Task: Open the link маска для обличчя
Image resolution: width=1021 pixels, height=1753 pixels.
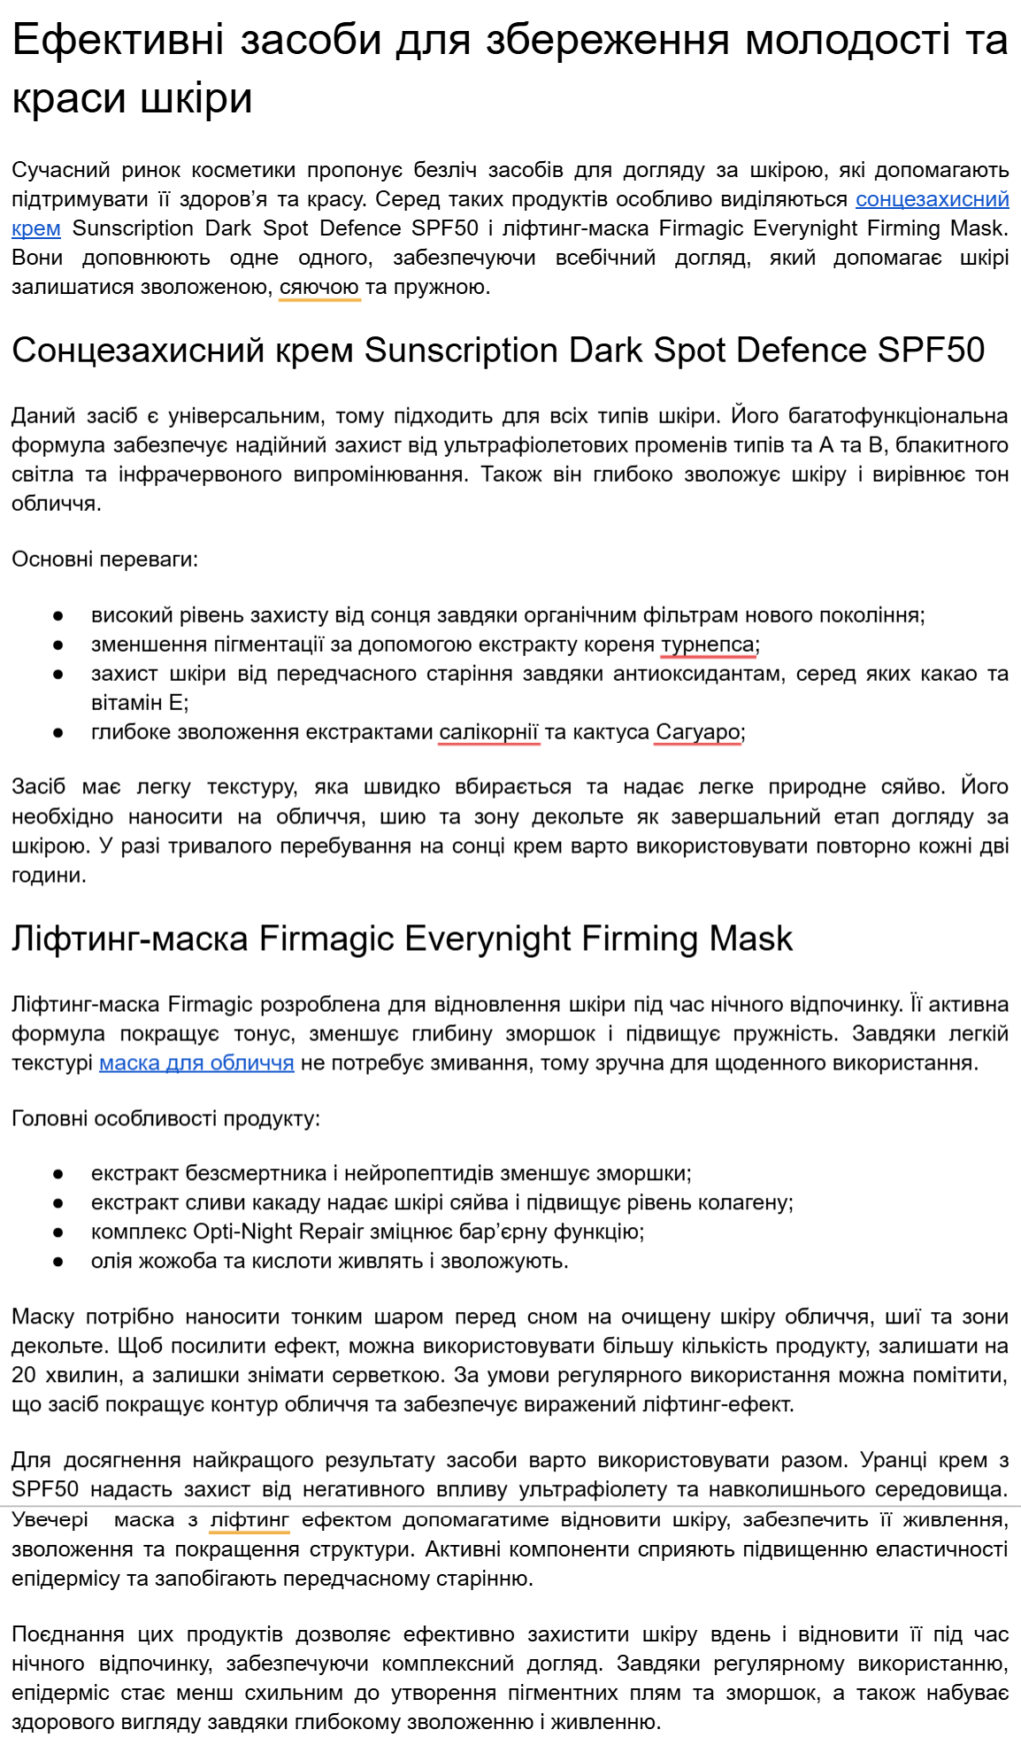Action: coord(196,1062)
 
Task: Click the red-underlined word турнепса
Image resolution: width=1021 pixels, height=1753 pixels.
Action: coord(708,644)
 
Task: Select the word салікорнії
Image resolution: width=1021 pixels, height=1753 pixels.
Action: coord(488,731)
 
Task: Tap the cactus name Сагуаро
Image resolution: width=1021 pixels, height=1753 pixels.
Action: coord(697,731)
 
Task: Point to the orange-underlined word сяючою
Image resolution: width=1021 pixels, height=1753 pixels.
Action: coord(319,287)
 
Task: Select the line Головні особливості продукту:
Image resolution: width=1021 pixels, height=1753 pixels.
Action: coord(165,1118)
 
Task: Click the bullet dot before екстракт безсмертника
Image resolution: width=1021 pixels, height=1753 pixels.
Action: coord(58,1174)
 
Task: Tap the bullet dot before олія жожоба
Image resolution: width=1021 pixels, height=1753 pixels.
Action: coord(58,1261)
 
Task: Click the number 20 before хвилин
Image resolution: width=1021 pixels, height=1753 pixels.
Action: coord(23,1375)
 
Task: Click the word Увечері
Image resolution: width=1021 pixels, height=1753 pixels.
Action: coord(50,1519)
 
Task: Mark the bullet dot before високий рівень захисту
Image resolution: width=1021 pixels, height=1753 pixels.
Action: coord(58,615)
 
